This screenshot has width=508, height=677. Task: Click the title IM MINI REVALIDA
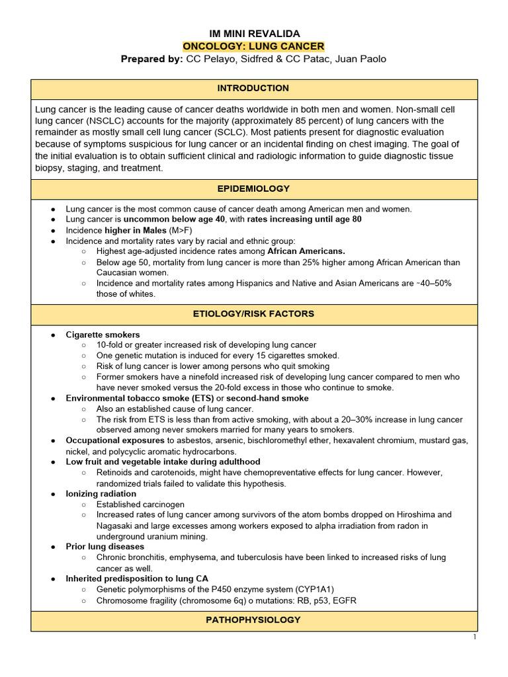253,34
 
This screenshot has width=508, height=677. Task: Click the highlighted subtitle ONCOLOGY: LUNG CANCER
253,46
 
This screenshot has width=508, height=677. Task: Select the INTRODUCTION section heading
253,89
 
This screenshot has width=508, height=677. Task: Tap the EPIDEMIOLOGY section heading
253,189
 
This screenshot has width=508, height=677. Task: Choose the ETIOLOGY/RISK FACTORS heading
253,314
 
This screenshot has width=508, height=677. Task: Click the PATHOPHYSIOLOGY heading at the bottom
253,620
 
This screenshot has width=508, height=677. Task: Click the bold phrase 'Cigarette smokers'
103,335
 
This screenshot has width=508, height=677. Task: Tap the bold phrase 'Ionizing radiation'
101,494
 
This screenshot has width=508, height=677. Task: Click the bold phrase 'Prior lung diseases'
105,547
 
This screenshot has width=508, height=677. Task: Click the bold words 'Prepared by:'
151,60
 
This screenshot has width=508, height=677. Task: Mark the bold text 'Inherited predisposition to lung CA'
137,578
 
